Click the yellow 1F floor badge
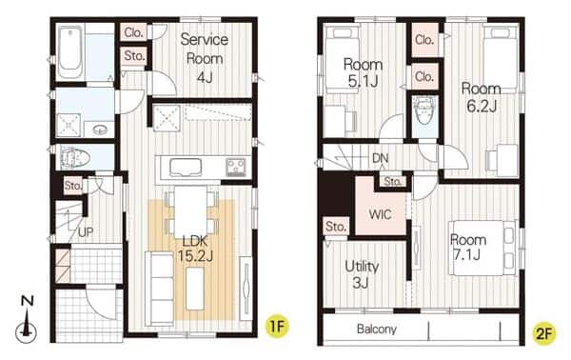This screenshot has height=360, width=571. (277, 327)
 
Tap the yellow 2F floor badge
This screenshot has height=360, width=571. (544, 333)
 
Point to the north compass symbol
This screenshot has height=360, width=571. (27, 320)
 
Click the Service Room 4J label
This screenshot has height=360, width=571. (205, 57)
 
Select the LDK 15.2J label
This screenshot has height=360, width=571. (195, 249)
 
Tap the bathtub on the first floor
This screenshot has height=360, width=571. (69, 52)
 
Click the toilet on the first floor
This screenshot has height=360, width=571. (74, 158)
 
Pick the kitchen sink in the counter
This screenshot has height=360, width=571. (186, 168)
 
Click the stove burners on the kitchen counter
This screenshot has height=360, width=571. (236, 168)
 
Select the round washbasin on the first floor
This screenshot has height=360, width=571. (99, 130)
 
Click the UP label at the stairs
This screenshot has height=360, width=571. (86, 231)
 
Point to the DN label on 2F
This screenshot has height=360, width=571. (380, 158)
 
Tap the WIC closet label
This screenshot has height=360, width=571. (380, 214)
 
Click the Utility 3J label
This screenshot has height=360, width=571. (362, 274)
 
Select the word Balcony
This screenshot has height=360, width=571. (377, 329)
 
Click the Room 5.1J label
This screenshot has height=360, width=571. (363, 72)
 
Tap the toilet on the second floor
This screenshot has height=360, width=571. (425, 110)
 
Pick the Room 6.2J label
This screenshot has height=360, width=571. (481, 97)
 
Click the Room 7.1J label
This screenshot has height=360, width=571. (468, 248)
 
